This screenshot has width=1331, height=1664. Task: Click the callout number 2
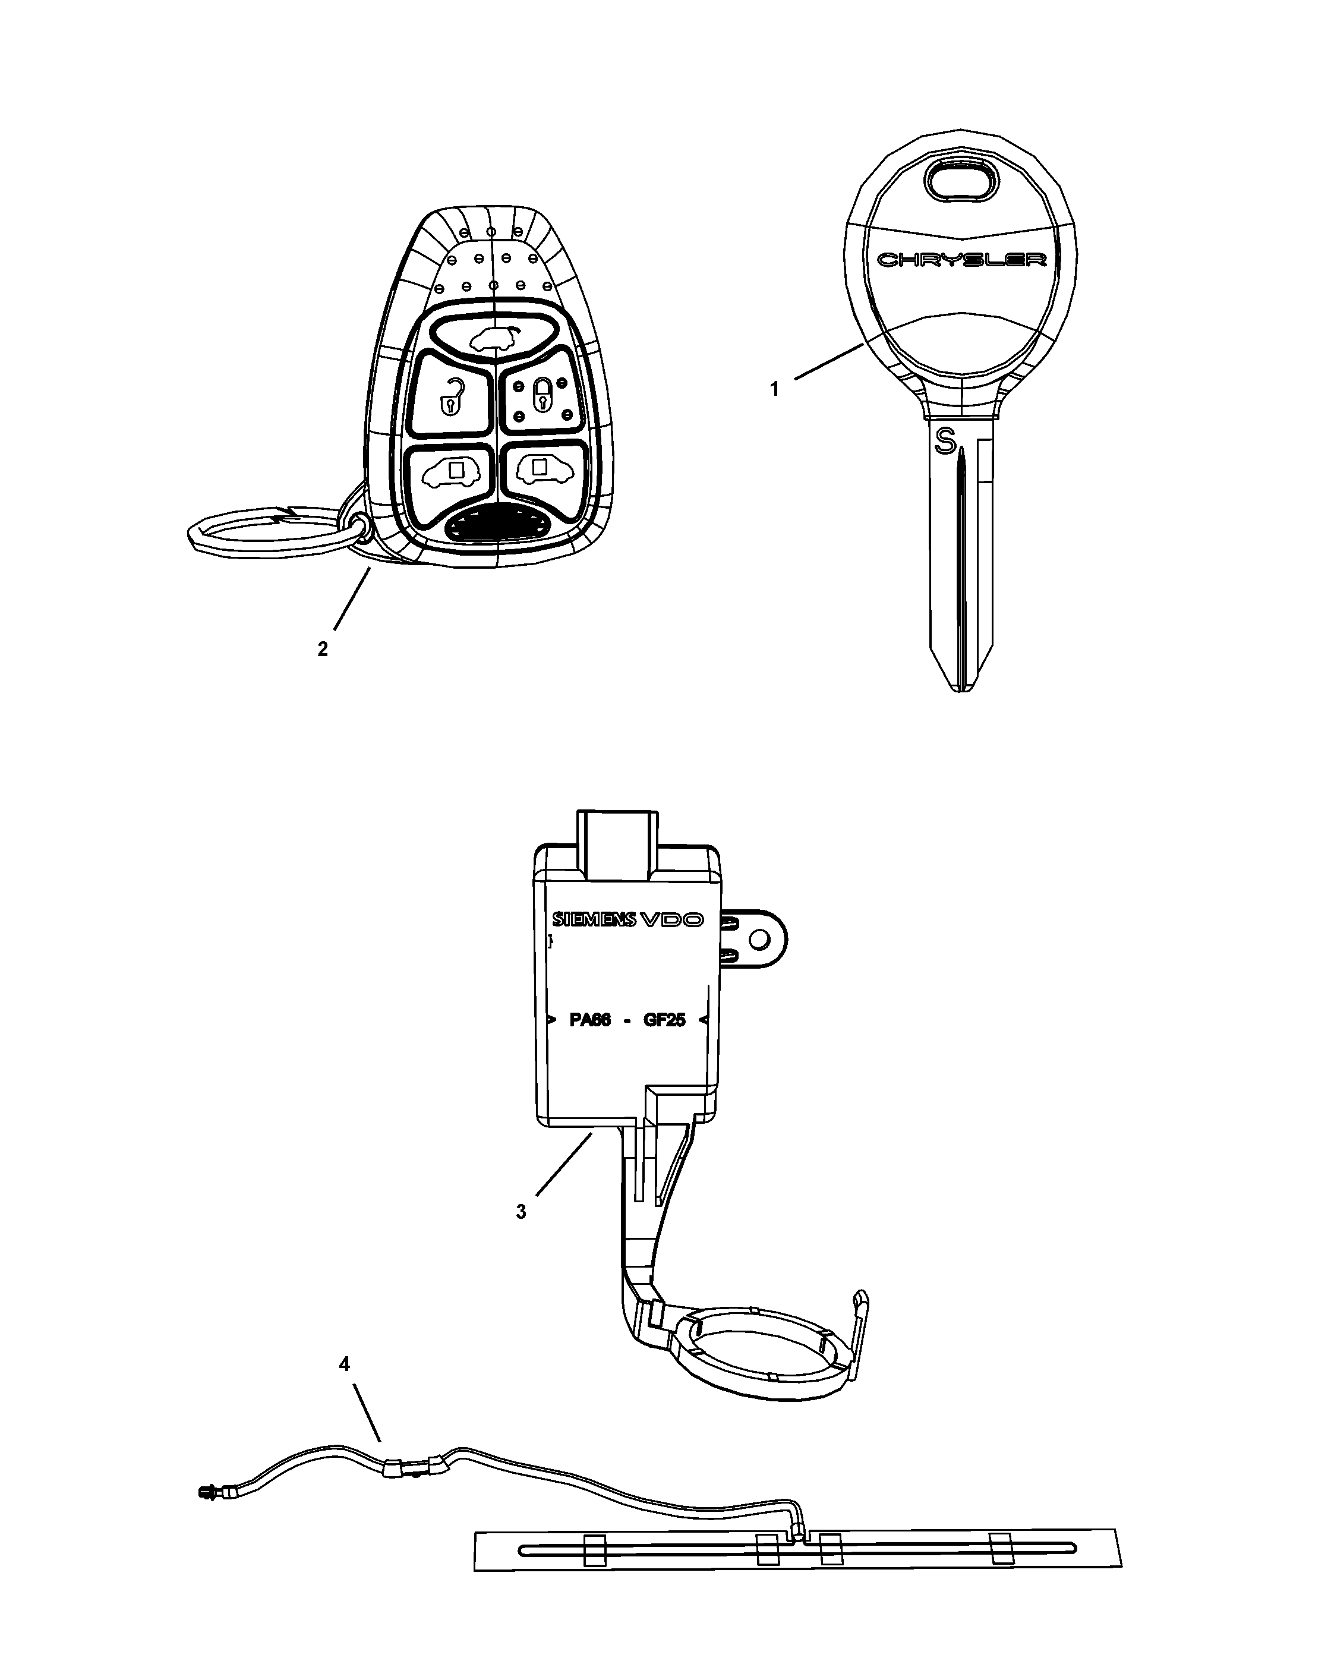pos(323,650)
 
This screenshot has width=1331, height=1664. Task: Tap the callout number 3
pos(521,1212)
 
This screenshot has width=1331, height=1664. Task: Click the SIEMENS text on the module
pos(594,919)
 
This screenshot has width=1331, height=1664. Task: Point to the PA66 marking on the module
pos(590,1020)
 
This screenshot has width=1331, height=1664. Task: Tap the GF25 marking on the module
pos(664,1020)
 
